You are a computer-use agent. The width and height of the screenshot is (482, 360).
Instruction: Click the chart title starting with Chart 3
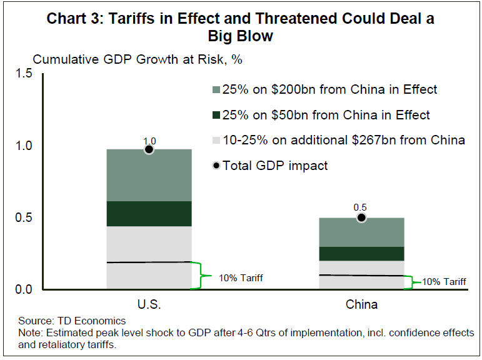tap(241, 27)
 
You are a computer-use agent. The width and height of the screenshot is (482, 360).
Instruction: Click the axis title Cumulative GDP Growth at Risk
tap(137, 60)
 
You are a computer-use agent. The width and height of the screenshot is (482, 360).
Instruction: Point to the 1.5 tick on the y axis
tap(23, 74)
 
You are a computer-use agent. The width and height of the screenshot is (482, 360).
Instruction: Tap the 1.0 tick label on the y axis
tap(23, 146)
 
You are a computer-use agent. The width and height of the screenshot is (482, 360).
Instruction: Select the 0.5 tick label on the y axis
tap(23, 217)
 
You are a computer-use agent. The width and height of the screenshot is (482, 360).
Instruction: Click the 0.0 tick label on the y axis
tap(23, 289)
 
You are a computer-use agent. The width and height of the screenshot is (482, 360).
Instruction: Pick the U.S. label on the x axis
tap(149, 305)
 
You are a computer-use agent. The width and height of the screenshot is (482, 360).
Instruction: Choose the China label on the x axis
tap(361, 305)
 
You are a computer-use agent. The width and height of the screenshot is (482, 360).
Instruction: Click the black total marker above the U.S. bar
tap(149, 149)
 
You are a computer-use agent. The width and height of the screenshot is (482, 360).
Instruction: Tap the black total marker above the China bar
tap(361, 217)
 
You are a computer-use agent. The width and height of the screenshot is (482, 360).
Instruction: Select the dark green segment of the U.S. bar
tap(149, 214)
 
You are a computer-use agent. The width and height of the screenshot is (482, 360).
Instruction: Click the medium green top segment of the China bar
tap(361, 232)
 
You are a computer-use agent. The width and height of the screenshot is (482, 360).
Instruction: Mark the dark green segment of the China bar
tap(361, 254)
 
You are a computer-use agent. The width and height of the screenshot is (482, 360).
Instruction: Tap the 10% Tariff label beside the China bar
tap(444, 282)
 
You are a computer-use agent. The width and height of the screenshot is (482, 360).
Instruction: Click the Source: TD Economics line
tap(72, 321)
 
